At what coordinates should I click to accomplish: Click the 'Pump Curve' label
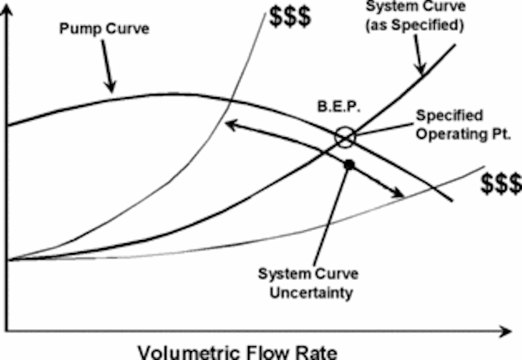coord(104,29)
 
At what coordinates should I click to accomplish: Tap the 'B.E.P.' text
coord(339,107)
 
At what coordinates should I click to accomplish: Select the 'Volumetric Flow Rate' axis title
coord(237,353)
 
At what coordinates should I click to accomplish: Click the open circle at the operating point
coord(345,137)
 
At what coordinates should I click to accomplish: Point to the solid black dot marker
coord(349,164)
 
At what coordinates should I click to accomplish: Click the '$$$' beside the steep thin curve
coord(290,16)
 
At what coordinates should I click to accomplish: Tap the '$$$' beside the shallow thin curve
coord(501,184)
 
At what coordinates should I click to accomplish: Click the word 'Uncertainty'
coord(312,293)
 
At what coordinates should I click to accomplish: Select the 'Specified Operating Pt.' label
coord(463,125)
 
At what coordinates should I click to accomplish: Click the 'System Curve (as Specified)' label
coord(415,16)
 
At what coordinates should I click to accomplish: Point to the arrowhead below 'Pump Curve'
coord(111,87)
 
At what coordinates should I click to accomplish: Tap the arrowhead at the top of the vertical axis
coord(7,9)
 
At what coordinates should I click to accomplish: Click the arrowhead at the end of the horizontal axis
coord(505,331)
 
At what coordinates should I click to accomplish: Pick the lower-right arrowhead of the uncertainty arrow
coord(398,193)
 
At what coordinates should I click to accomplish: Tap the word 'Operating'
coord(447,134)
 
